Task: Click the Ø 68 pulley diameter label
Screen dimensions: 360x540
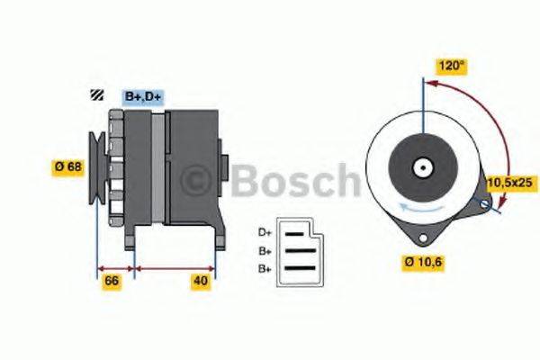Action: [x=69, y=166]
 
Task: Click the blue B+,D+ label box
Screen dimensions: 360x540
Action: [x=142, y=95]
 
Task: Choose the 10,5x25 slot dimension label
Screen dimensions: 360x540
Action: [x=510, y=183]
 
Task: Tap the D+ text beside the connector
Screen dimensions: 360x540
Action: [x=265, y=232]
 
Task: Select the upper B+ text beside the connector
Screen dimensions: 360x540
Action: [x=265, y=251]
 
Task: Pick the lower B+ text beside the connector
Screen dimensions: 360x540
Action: [x=265, y=269]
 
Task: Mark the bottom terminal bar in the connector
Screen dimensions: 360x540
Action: [x=300, y=267]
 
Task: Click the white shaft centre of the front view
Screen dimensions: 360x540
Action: [x=421, y=167]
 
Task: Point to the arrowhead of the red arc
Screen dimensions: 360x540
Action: [x=430, y=84]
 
